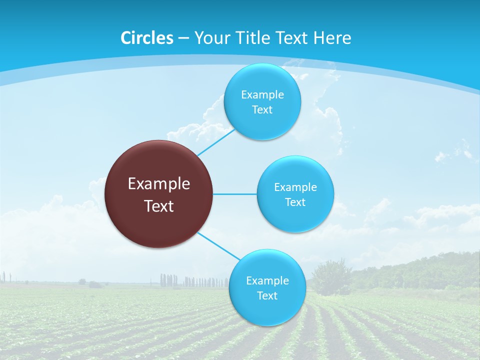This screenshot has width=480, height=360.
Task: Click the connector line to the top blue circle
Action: pos(216,142)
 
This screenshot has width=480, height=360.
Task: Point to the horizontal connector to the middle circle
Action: pos(235,194)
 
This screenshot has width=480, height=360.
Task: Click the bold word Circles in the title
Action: pos(147,38)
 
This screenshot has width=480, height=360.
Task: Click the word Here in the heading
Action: pos(332,38)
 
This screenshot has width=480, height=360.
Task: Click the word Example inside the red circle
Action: pos(159,184)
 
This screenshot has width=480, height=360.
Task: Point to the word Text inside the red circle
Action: pos(159,206)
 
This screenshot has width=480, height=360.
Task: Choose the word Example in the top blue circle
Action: pos(262,94)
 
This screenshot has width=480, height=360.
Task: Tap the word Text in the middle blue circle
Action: pos(295,202)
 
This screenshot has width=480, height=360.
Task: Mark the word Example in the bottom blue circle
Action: pos(267,280)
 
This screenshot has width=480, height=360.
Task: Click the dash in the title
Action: pos(183,38)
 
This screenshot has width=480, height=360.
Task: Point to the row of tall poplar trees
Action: pos(192,281)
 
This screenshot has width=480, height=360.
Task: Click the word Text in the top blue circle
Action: pos(262,109)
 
